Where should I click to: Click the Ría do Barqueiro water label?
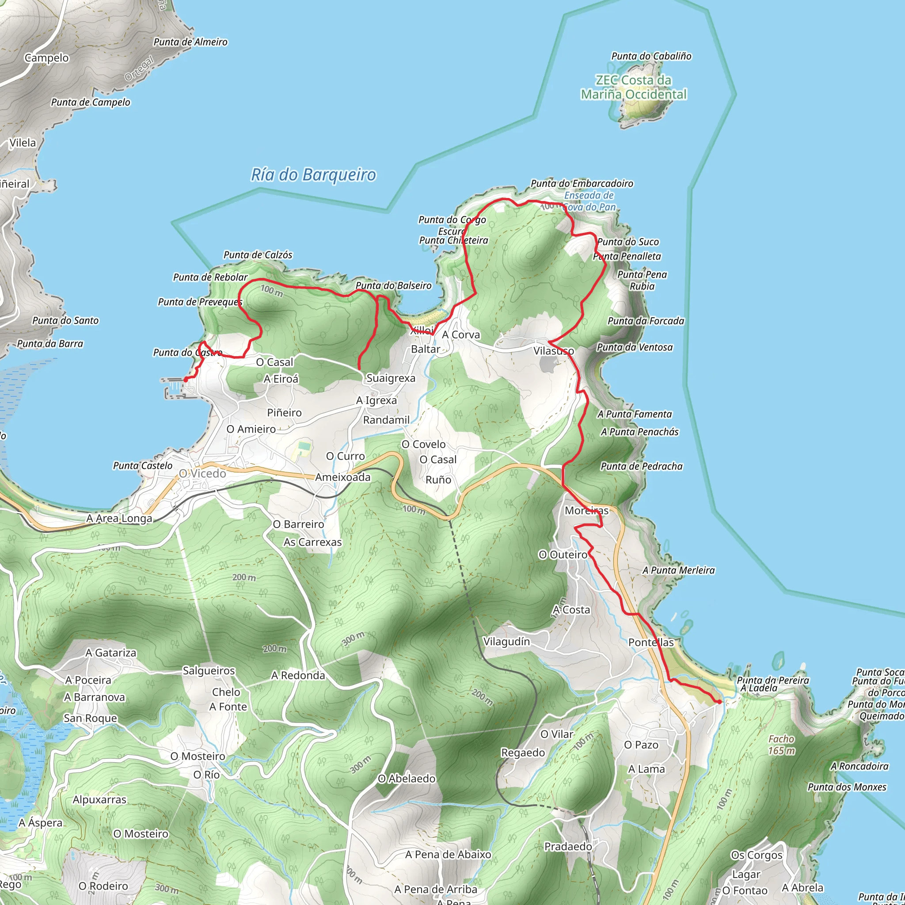click(313, 175)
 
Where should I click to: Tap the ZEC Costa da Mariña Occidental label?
click(633, 87)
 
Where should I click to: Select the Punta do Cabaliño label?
click(651, 56)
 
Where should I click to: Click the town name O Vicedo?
click(202, 474)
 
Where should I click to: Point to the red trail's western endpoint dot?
click(186, 380)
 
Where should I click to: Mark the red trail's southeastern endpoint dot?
click(719, 702)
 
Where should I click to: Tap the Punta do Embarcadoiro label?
click(582, 184)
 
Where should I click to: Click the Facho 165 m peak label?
click(781, 745)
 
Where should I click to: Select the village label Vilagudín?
click(506, 641)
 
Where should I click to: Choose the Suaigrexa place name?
click(391, 378)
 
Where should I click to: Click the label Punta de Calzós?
click(258, 255)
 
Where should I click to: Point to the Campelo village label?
click(46, 58)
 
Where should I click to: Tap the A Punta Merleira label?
click(679, 570)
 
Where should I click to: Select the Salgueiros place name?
click(209, 670)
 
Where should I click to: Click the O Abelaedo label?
click(407, 779)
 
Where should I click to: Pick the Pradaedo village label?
click(568, 846)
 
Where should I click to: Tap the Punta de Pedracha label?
click(642, 466)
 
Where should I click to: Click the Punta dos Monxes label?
click(847, 787)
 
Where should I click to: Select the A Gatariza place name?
click(111, 653)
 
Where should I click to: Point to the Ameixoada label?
click(342, 477)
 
